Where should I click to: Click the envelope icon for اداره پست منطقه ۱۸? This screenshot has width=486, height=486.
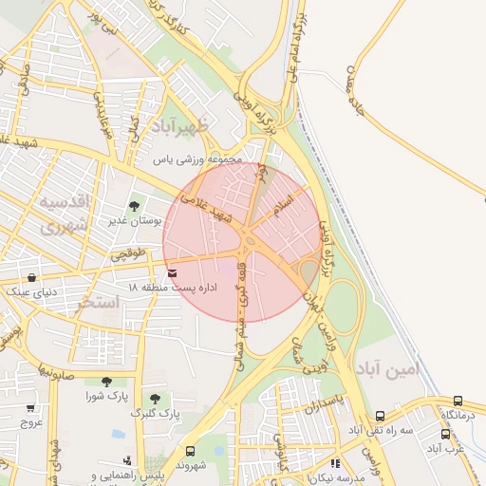click(171, 273)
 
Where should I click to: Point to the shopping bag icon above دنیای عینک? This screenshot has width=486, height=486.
click(33, 278)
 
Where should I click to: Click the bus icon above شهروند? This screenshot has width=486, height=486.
click(190, 451)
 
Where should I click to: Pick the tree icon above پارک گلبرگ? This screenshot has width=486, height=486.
click(155, 399)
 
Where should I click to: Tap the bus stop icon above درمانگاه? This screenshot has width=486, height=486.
click(458, 402)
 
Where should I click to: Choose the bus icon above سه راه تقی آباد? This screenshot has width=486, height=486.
click(381, 416)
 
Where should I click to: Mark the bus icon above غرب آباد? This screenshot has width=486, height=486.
click(445, 433)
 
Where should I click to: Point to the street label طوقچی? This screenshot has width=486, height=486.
click(129, 254)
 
